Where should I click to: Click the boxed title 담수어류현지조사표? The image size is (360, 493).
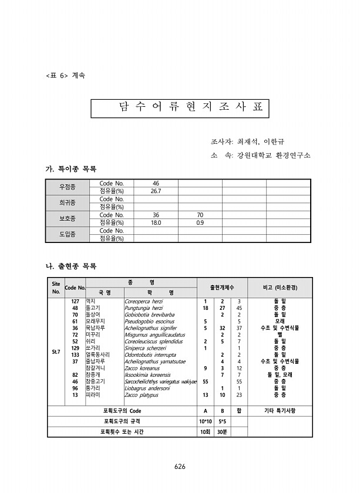pos(180,108)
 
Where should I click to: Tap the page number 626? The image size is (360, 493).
pos(180,467)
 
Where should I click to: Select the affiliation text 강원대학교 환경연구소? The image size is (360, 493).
pos(274,156)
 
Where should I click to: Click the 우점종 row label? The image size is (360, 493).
pos(68,187)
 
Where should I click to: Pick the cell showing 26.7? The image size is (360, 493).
pos(156,191)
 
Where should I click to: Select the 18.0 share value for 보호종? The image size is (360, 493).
pos(156,223)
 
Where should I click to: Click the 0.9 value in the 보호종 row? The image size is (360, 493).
pos(200,223)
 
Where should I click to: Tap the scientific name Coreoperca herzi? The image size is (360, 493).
pos(144,302)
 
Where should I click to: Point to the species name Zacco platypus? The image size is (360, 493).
pos(142,395)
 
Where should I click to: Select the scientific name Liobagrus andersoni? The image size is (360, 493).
pos(147,388)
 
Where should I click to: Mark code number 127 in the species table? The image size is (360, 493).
pos(75,302)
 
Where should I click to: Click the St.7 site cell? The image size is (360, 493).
pos(55,352)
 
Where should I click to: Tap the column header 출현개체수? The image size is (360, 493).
pos(221,287)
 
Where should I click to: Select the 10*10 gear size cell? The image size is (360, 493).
pos(205,421)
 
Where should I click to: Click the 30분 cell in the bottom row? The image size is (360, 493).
pos(222,432)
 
